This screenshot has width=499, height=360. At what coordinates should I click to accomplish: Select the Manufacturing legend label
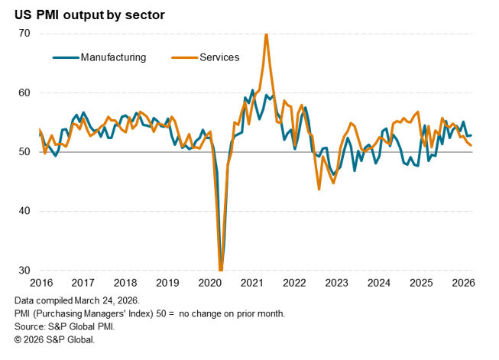(112, 57)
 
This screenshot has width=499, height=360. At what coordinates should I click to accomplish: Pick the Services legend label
(219, 57)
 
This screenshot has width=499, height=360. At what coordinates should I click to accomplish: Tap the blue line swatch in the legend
(65, 57)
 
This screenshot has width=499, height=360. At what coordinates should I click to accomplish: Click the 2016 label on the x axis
(41, 283)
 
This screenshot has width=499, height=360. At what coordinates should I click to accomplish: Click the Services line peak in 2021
(266, 34)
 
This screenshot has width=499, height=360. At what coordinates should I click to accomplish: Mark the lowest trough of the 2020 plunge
(221, 270)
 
